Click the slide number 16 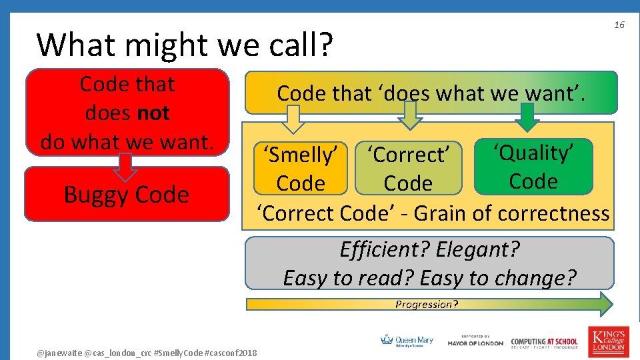click(x=619, y=25)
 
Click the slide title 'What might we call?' click(x=185, y=45)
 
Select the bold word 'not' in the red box click(x=154, y=113)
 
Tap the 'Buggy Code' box click(x=127, y=194)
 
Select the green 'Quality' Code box click(x=533, y=167)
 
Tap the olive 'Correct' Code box click(x=408, y=169)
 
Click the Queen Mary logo click(x=407, y=341)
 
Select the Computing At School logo click(x=545, y=342)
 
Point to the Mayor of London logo click(x=475, y=341)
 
